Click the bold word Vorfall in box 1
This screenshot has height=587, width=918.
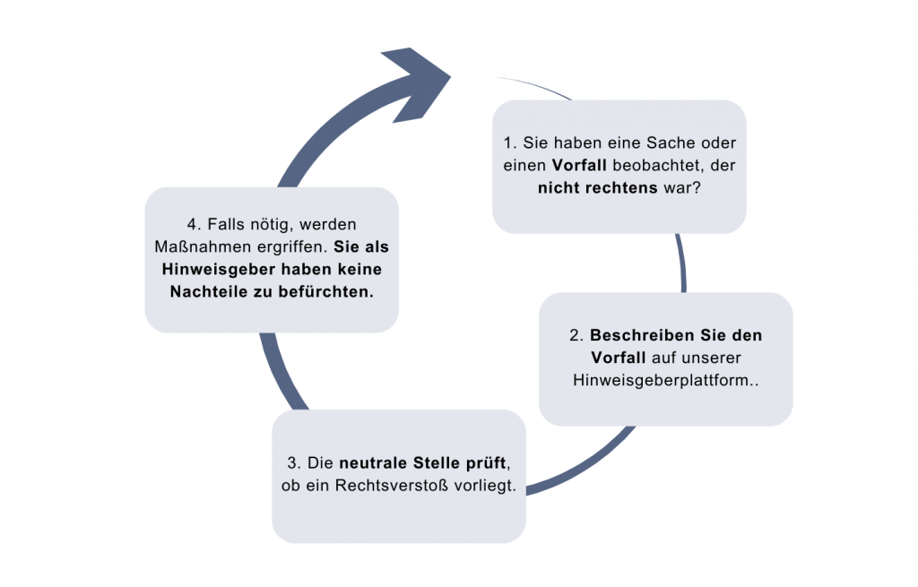[x=579, y=166]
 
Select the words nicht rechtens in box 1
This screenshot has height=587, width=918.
[x=598, y=188]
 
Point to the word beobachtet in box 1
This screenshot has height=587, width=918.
[x=658, y=166]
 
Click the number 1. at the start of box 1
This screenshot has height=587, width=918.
[x=510, y=142]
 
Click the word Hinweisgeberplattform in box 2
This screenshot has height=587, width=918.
[x=661, y=380]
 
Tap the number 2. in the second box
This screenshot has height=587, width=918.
[x=576, y=335]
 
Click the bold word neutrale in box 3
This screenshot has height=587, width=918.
[x=374, y=463]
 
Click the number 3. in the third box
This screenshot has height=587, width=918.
[x=294, y=463]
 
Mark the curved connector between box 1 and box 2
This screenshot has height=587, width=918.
[x=681, y=263]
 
